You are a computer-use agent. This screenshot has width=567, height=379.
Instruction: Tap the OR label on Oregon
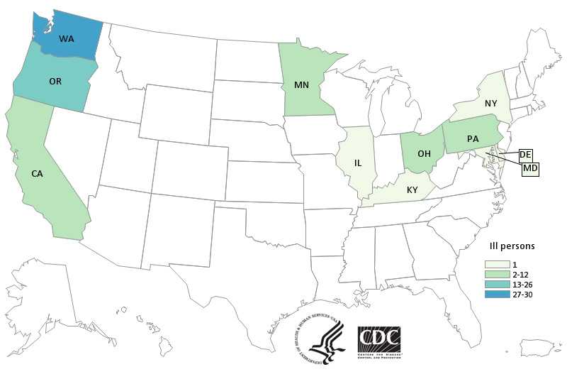pyautogui.click(x=55, y=81)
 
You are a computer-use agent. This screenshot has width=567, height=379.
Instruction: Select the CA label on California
pyautogui.click(x=38, y=172)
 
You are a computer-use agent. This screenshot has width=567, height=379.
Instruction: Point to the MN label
pyautogui.click(x=301, y=84)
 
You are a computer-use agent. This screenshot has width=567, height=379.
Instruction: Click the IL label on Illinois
pyautogui.click(x=358, y=163)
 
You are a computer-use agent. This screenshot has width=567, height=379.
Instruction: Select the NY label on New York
pyautogui.click(x=490, y=103)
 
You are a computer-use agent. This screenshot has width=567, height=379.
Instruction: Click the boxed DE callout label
pyautogui.click(x=525, y=154)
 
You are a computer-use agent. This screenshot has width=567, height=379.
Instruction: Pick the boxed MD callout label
pyautogui.click(x=529, y=169)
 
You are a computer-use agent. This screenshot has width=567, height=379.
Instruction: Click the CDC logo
pyautogui.click(x=379, y=344)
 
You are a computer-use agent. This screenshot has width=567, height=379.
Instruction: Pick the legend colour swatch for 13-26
pyautogui.click(x=483, y=285)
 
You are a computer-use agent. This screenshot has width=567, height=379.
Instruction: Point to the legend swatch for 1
pyautogui.click(x=483, y=263)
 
